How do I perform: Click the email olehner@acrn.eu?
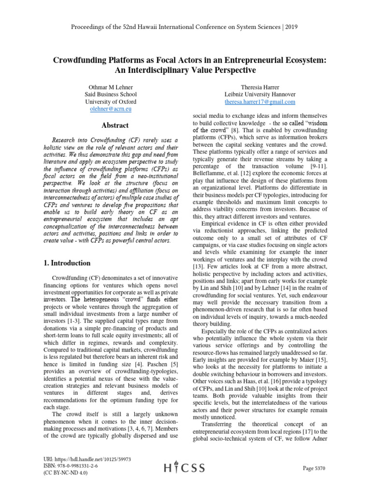[111, 110]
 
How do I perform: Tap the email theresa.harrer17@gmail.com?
[260, 102]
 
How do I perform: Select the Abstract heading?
[111, 125]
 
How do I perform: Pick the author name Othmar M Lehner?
[111, 87]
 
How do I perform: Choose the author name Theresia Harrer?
[260, 87]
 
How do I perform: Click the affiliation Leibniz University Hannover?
[260, 95]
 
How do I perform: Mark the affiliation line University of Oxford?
[111, 102]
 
